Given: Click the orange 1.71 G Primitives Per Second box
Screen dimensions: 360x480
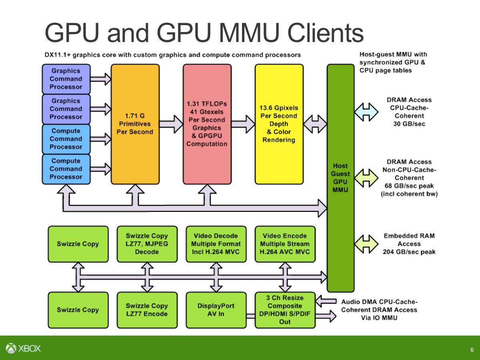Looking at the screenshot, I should click(135, 124).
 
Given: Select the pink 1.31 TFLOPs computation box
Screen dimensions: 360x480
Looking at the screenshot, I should click(207, 124).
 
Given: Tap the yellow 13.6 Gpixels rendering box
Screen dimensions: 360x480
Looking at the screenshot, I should click(279, 124).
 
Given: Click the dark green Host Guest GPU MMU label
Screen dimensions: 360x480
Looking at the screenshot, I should click(340, 178).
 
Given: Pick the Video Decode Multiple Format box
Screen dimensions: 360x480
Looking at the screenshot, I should click(216, 244).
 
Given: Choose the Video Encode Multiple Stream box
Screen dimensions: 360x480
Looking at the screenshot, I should click(285, 244).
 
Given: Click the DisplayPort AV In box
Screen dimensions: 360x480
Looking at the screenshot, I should click(216, 310).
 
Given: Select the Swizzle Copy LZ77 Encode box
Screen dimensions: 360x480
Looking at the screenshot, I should click(147, 310).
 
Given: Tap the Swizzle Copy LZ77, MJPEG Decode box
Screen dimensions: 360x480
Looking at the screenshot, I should click(147, 244).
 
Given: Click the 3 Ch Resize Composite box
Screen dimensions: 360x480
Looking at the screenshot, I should click(285, 310).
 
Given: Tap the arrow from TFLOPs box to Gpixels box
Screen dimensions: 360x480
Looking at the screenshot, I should click(243, 124).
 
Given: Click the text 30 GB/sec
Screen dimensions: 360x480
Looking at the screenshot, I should click(409, 124).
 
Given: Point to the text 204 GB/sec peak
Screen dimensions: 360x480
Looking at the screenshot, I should click(409, 252).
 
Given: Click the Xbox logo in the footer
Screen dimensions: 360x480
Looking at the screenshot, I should click(24, 348).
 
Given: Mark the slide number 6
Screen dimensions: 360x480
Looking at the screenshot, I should click(472, 350).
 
